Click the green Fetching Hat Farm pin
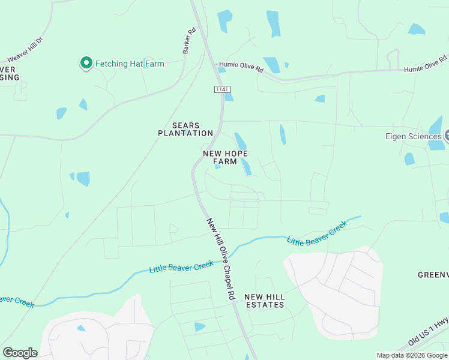[86, 62]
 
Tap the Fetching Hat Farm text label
[129, 64]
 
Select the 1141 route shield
[222, 89]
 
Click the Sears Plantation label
[185, 129]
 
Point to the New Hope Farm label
[225, 157]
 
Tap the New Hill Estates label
[264, 301]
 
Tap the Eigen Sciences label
[413, 136]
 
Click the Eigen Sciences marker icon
[447, 136]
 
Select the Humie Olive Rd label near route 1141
[241, 68]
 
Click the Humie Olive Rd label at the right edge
[425, 64]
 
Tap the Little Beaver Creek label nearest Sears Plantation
[175, 267]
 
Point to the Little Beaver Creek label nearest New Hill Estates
[316, 233]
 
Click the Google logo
[20, 353]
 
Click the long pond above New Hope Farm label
[241, 141]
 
